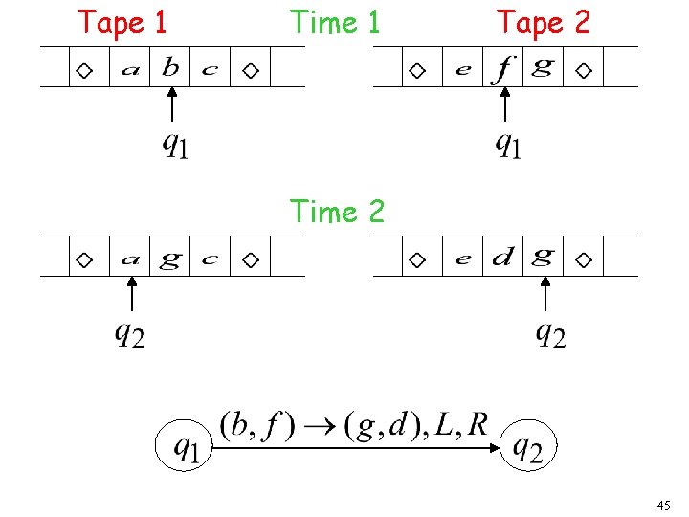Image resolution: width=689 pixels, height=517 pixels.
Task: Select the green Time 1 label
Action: pos(335,21)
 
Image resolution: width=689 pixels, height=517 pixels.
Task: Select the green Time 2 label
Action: pos(336,211)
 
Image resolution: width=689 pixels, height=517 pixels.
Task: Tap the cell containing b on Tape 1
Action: pos(171,68)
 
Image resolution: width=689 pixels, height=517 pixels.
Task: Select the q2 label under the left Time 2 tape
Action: pos(129,334)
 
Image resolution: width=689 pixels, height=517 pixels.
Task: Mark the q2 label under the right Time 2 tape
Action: pos(549,334)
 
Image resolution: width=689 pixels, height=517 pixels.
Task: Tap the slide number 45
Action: pos(664,505)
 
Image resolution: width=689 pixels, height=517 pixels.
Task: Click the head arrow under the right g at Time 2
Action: pos(544,296)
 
